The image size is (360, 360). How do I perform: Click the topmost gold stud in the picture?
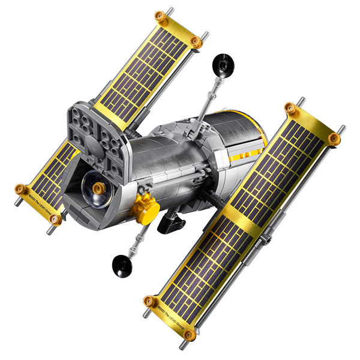[x=159, y=15]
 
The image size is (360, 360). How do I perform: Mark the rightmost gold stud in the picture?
[x=334, y=138]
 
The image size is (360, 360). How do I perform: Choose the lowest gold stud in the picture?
[x=189, y=334]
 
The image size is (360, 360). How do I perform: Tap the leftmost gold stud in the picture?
[x=19, y=190]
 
